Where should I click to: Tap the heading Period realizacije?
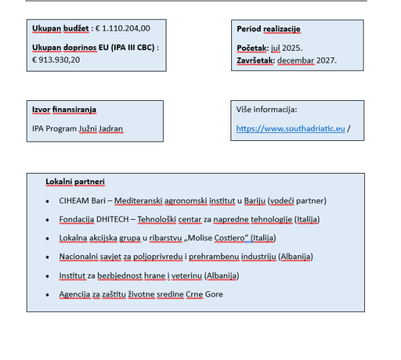tap(269, 29)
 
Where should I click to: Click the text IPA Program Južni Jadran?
tap(78, 128)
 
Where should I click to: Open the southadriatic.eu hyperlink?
tap(291, 128)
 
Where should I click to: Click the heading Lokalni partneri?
tap(75, 182)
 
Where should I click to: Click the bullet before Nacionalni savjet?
tap(47, 257)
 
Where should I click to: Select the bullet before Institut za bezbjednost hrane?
tap(47, 276)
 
